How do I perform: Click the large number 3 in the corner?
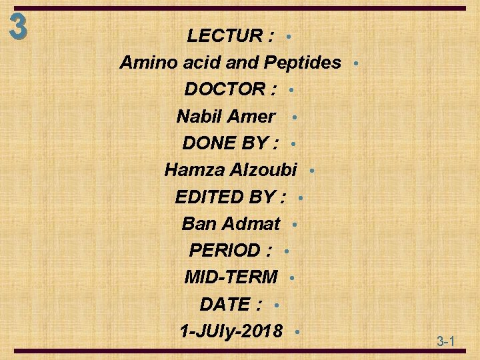coord(19,27)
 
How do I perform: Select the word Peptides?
coord(303,63)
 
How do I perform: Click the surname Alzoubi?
coord(263,170)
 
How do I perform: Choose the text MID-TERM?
coord(231,277)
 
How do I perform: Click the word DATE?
coord(224,304)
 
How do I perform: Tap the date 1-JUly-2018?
coord(231,331)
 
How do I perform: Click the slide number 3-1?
coord(446,342)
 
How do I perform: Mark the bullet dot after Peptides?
coord(357,63)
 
